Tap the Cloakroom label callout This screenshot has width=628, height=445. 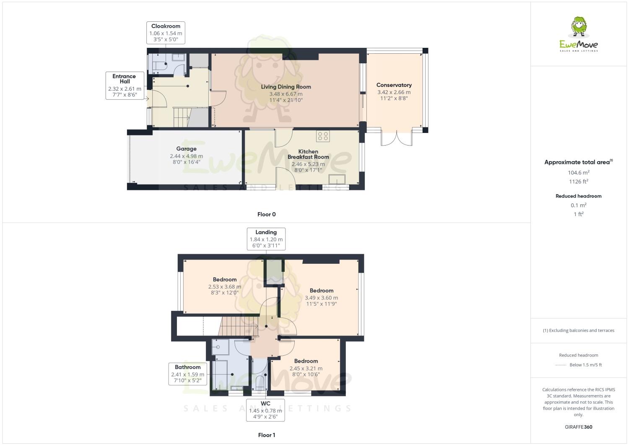[x=166, y=33]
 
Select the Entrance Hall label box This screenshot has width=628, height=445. [x=125, y=86]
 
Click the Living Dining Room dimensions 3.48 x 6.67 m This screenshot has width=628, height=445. [x=286, y=94]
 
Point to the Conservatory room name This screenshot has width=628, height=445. [x=394, y=85]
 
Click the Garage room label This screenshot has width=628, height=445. [x=186, y=149]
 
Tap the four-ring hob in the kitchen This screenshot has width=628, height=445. [x=323, y=136]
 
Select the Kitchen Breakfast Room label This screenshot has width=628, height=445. [x=308, y=154]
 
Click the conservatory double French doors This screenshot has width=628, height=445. [x=396, y=139]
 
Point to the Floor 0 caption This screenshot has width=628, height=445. [x=266, y=214]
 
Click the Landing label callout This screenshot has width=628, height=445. [x=266, y=239]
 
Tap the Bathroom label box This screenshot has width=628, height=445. [x=187, y=374]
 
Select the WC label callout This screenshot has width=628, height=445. [x=265, y=410]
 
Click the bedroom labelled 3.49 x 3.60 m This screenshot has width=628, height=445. [x=321, y=297]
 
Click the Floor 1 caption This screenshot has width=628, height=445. [x=266, y=435]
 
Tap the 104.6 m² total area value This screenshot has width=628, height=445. [x=579, y=172]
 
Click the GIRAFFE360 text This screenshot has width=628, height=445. [x=579, y=427]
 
